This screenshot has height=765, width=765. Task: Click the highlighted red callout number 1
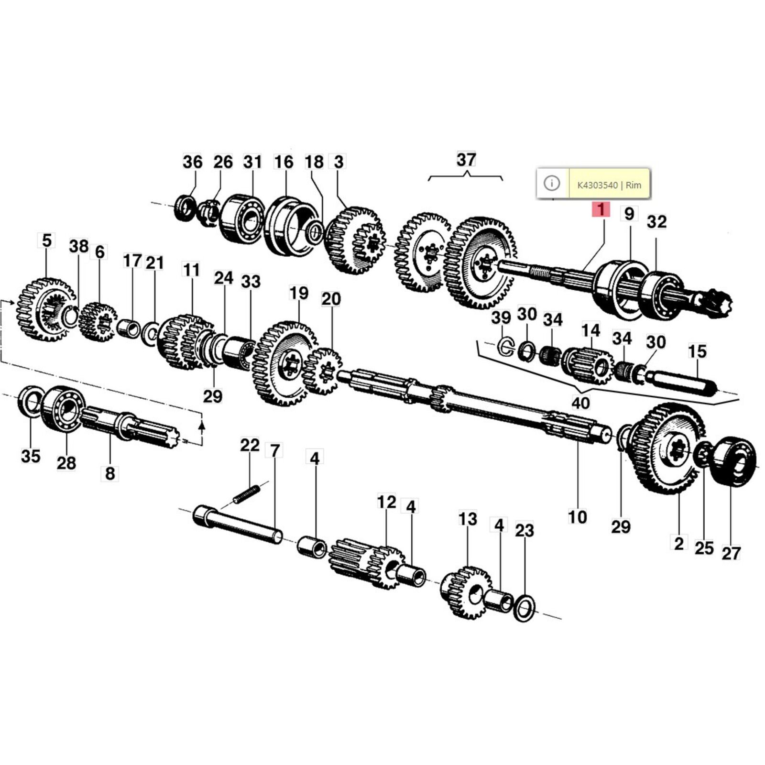[x=601, y=209]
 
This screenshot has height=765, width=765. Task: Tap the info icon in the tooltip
[x=552, y=183]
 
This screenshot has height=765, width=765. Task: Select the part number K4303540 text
[x=597, y=185]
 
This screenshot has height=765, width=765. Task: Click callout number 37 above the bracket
[x=466, y=159]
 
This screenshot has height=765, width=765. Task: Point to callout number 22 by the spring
[x=250, y=445]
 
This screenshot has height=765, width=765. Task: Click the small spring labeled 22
[x=246, y=493]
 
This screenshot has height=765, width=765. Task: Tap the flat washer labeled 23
[x=524, y=609]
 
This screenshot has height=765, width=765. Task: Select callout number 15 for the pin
[x=697, y=351]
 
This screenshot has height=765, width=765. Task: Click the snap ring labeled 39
[x=505, y=347]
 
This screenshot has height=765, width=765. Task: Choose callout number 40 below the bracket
[x=580, y=403]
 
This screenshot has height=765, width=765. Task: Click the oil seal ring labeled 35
[x=30, y=401]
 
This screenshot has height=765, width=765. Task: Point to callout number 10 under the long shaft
[x=577, y=517]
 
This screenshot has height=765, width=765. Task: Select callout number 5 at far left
[x=46, y=240]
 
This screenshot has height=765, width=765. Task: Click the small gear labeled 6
[x=99, y=322]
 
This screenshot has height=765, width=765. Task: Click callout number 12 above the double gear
[x=386, y=502]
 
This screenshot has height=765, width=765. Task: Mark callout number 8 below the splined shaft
[x=110, y=473]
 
